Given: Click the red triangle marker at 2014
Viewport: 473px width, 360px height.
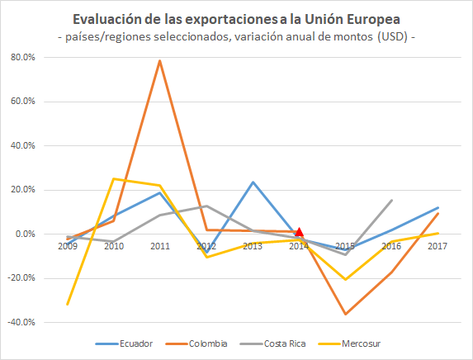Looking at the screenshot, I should coord(300,232).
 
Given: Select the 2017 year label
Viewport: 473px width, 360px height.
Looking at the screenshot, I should coord(438,246).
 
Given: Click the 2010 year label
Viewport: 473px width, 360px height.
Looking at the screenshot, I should coord(113,246).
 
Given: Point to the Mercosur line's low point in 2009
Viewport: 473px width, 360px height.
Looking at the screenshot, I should coord(67,304).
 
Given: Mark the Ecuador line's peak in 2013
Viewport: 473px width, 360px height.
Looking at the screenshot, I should coord(253,182).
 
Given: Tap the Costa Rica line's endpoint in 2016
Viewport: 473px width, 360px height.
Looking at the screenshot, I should coord(391,200).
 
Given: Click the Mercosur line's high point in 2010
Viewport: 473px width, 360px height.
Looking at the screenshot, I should coord(113,178).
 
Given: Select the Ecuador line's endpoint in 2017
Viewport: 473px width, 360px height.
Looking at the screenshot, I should coord(438,207).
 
